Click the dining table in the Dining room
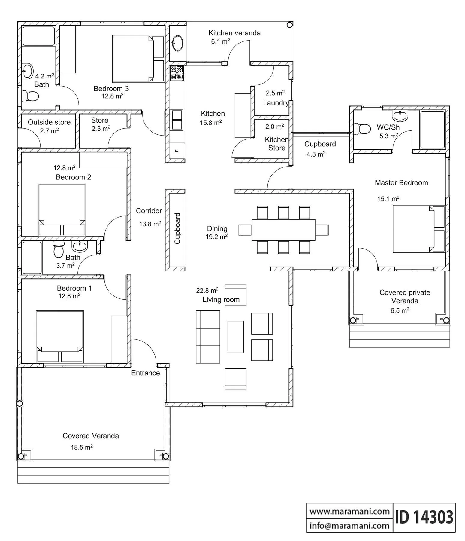click(283, 230)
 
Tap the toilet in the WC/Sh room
click(362, 129)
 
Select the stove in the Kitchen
click(177, 72)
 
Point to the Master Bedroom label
click(401, 183)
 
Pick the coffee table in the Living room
click(236, 337)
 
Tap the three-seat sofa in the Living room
click(208, 337)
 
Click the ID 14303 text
click(424, 518)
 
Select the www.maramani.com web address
click(349, 511)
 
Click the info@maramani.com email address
click(349, 526)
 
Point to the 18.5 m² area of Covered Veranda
click(82, 447)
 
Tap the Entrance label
click(146, 373)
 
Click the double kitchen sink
click(177, 120)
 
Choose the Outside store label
click(49, 122)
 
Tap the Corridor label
click(149, 211)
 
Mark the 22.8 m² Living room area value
click(207, 290)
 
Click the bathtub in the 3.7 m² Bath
click(32, 258)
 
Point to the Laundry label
click(276, 103)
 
